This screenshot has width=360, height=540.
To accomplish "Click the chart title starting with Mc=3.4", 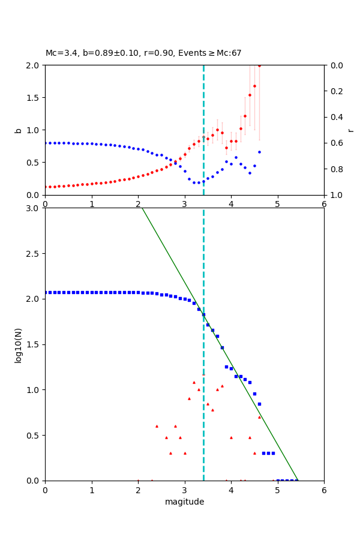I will coord(143,53).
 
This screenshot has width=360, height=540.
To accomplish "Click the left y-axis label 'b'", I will coord(18,130).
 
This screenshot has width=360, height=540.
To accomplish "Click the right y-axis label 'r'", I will coord(350,130).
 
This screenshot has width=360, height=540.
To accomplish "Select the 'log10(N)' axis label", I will coord(18,344).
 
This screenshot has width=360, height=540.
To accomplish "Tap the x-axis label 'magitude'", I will coord(184,502).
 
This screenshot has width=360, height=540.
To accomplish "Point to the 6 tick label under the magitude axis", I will coord(324,490).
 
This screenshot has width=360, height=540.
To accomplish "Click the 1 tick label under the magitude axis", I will coord(92,490).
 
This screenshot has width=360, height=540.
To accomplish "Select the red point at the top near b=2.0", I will coord(259,65).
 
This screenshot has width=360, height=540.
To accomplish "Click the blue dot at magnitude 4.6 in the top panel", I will coord(259,152).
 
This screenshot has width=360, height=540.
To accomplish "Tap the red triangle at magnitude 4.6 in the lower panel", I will coord(259,417).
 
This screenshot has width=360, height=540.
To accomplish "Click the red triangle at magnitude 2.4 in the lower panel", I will coord(157,426).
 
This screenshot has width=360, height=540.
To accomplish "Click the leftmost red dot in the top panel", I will coord(45,187).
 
